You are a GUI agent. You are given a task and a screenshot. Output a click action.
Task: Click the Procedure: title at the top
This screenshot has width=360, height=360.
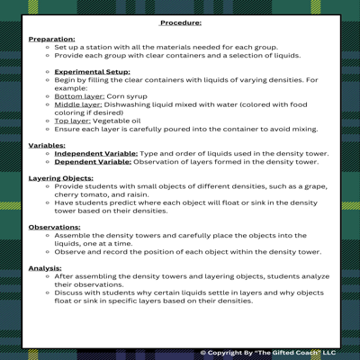[181, 23]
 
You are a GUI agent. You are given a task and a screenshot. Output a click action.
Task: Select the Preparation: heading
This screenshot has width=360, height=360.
[52, 40]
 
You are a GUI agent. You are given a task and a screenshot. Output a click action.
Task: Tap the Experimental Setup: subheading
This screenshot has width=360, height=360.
[92, 71]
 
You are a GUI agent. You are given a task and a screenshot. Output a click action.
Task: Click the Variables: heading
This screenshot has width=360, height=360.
[47, 144]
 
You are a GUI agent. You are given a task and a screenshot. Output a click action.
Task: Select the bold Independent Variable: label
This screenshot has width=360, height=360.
[96, 153]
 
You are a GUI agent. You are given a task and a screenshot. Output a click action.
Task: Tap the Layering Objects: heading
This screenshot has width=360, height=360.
[60, 178]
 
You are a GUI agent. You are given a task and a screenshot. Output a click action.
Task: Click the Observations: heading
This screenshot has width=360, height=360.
[54, 227]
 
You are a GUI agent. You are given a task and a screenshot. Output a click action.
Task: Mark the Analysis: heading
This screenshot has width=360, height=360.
[46, 267]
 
